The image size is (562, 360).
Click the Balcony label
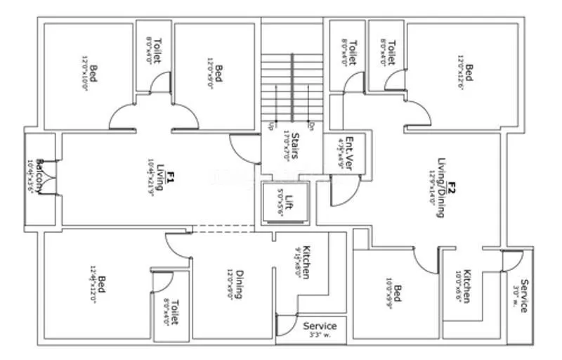tap(40, 180)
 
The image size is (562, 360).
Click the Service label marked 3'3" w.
tap(320, 326)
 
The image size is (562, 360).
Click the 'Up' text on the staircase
tap(270, 126)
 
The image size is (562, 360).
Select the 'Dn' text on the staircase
tap(310, 126)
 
